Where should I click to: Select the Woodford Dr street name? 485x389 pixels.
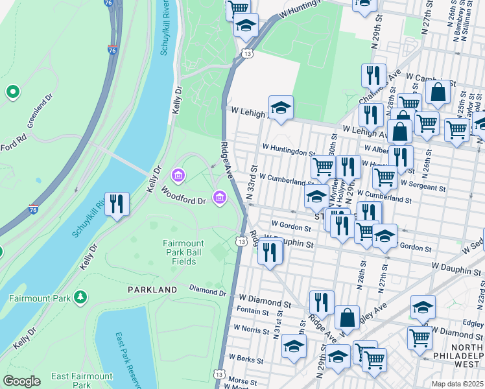[x=183, y=196]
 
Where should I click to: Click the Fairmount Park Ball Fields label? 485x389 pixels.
[x=183, y=252]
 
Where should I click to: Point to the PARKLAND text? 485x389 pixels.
[x=152, y=289]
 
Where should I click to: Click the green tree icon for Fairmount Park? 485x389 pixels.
[x=81, y=298]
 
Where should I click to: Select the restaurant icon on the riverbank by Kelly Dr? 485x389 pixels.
[x=117, y=204]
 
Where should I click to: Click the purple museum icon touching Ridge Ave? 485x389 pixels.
[x=220, y=196]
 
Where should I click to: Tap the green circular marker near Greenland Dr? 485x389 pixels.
[x=12, y=92]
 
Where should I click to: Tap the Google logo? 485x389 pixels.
[x=21, y=381]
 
